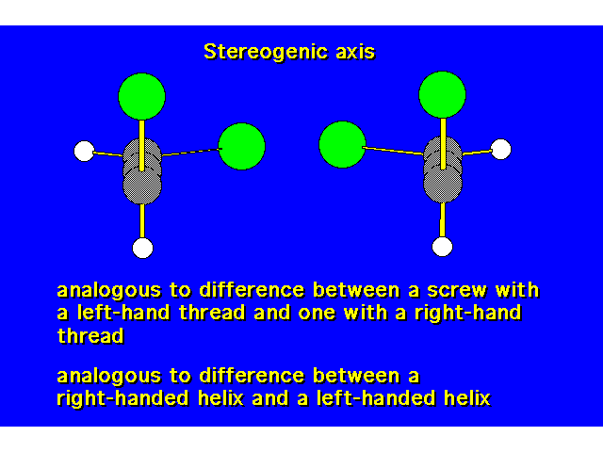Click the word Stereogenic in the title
(x=266, y=52)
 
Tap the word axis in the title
(x=355, y=52)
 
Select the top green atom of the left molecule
(x=142, y=96)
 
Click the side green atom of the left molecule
(x=241, y=147)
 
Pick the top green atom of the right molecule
(x=442, y=94)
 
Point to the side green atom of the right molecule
(x=342, y=144)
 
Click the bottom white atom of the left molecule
(x=142, y=248)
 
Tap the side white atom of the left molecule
(x=84, y=151)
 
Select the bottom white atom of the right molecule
(x=442, y=247)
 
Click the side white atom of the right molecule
(x=500, y=149)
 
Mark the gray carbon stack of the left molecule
(x=142, y=171)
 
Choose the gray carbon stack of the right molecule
(x=443, y=169)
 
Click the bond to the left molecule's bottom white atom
(x=142, y=221)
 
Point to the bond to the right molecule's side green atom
(x=393, y=151)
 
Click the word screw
(x=457, y=290)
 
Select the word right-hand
(x=467, y=314)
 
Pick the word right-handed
(x=123, y=398)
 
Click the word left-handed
(x=376, y=398)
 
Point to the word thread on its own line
(x=90, y=335)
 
